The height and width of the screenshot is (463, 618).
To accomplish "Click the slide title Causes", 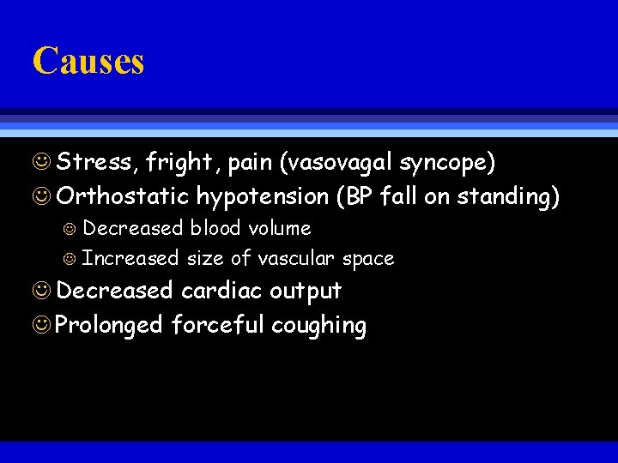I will click(x=88, y=61).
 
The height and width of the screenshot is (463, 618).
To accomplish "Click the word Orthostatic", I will click(x=122, y=197).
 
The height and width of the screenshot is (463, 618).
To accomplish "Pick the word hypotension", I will click(x=262, y=197).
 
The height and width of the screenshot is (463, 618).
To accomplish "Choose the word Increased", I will click(x=130, y=258).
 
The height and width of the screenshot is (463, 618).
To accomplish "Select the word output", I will click(x=306, y=292).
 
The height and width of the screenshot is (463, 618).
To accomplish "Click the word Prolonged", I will click(x=110, y=326).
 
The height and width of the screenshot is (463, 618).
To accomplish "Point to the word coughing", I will click(x=318, y=326).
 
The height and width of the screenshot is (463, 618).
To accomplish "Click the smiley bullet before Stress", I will click(x=43, y=162).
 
